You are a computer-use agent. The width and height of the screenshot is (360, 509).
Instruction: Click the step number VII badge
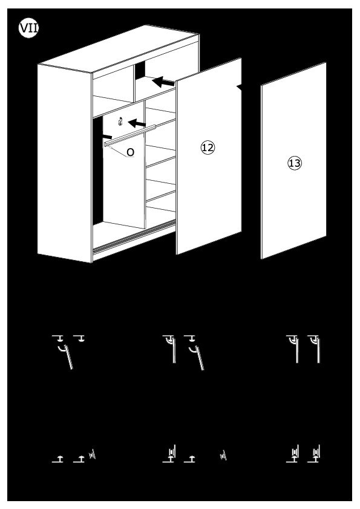(x=28, y=28)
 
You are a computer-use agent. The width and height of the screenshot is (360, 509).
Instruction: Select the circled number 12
(x=208, y=148)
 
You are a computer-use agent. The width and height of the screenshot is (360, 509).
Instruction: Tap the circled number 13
(x=295, y=163)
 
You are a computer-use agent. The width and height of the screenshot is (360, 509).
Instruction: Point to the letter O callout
(x=130, y=152)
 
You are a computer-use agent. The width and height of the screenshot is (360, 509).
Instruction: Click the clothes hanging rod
(x=130, y=135)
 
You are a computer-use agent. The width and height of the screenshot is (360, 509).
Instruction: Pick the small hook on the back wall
(x=120, y=122)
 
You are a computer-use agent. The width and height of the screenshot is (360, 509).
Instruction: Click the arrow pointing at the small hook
(x=137, y=123)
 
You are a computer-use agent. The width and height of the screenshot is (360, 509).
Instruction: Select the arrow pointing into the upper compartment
(x=163, y=82)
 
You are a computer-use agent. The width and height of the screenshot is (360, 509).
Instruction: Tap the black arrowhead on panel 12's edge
(x=239, y=87)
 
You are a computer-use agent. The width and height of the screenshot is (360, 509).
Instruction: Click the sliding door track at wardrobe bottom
(x=134, y=236)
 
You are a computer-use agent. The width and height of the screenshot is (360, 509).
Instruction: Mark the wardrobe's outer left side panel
(x=65, y=163)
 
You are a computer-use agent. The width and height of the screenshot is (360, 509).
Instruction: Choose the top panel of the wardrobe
(x=119, y=49)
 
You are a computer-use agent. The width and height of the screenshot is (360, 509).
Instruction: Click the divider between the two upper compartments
(x=134, y=83)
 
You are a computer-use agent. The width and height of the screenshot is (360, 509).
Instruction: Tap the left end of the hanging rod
(x=105, y=144)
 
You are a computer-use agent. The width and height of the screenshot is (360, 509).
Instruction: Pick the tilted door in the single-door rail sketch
(x=69, y=357)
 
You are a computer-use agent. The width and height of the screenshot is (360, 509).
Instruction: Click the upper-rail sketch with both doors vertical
(x=303, y=349)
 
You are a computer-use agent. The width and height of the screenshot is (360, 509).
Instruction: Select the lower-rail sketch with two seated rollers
(x=303, y=453)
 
